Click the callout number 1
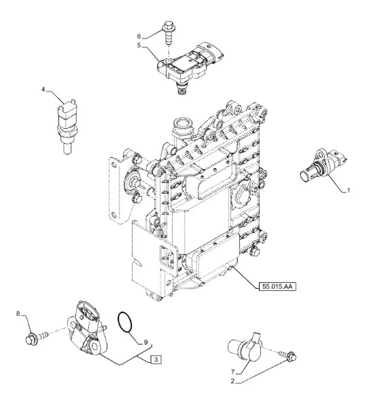tap(349, 190)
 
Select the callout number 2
tap(232, 381)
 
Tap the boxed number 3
tap(156, 359)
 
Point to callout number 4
tap(43, 89)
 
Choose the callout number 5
tap(139, 45)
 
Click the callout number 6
tap(139, 37)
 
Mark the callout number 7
tap(232, 372)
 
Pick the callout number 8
tap(18, 314)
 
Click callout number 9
tap(145, 342)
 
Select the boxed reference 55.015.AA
tap(277, 287)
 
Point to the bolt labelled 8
tap(37, 338)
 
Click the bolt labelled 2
tap(288, 356)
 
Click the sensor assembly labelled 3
tap(87, 330)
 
